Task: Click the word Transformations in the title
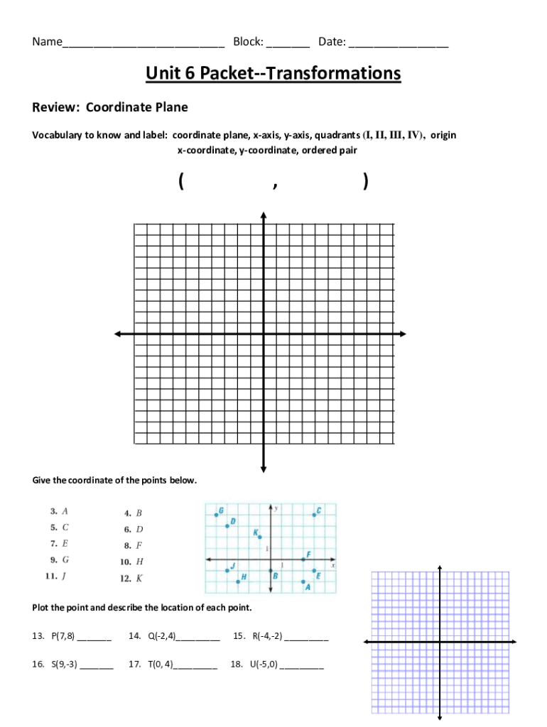click(x=331, y=73)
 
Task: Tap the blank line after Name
click(x=143, y=43)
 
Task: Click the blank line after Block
click(x=288, y=43)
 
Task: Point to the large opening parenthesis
click(x=183, y=182)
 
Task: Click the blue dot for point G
click(x=217, y=513)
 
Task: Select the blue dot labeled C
click(x=314, y=514)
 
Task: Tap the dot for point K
click(x=260, y=537)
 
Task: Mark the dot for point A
click(x=303, y=581)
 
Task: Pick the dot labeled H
click(x=238, y=581)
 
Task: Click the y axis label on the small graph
click(x=276, y=508)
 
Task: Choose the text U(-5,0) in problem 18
click(x=264, y=665)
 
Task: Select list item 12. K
click(x=131, y=578)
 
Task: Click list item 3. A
click(x=59, y=510)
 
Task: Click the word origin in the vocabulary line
click(x=443, y=135)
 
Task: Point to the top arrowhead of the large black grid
click(x=264, y=215)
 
